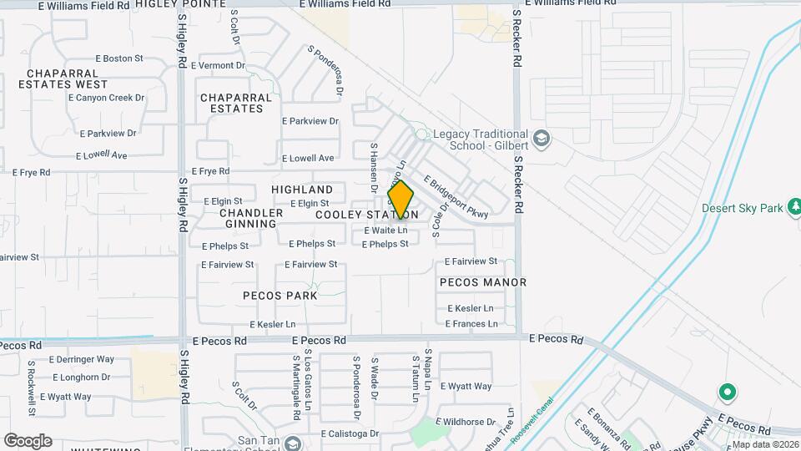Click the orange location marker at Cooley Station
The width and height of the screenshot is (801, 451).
pyautogui.click(x=400, y=200)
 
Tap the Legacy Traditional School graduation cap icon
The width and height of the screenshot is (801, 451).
pyautogui.click(x=542, y=138)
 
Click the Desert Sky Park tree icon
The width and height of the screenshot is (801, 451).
pyautogui.click(x=795, y=206)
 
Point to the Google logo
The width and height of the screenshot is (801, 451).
pyautogui.click(x=28, y=441)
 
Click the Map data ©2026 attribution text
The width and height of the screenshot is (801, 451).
pyautogui.click(x=765, y=444)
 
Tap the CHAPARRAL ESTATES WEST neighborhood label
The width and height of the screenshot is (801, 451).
pyautogui.click(x=63, y=78)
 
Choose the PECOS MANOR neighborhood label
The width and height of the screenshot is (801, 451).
pyautogui.click(x=483, y=282)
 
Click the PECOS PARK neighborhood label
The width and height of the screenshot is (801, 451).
pyautogui.click(x=280, y=296)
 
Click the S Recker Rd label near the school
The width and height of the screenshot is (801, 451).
pyautogui.click(x=517, y=183)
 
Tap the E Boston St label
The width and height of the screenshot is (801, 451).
pyautogui.click(x=119, y=58)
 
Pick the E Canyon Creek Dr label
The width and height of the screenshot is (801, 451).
pyautogui.click(x=107, y=98)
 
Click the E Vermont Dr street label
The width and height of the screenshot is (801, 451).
pyautogui.click(x=218, y=65)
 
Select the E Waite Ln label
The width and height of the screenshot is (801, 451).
pyautogui.click(x=385, y=231)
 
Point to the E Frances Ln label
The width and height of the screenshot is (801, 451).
pyautogui.click(x=472, y=324)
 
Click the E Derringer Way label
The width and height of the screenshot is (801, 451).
pyautogui.click(x=82, y=359)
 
